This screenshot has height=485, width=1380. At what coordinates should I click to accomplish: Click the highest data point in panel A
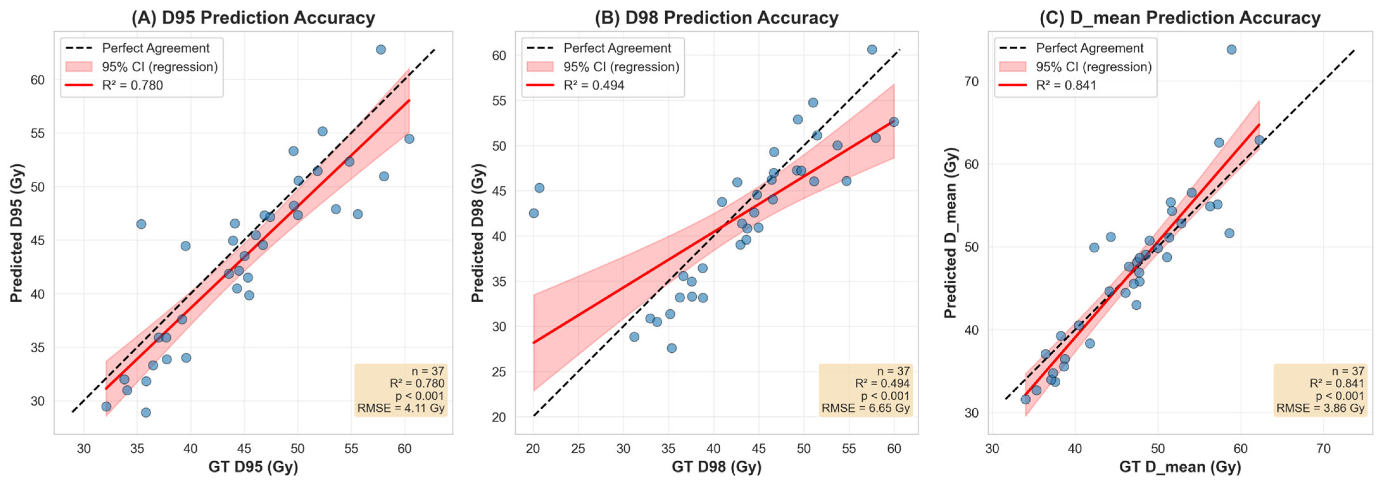tap(380, 49)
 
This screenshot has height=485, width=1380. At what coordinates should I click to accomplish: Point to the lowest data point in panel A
tap(146, 412)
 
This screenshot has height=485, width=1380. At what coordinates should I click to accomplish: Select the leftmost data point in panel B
tap(534, 213)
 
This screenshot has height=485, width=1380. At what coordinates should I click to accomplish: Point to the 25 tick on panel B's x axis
tap(578, 449)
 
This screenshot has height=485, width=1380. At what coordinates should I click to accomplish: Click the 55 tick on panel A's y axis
tap(37, 133)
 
